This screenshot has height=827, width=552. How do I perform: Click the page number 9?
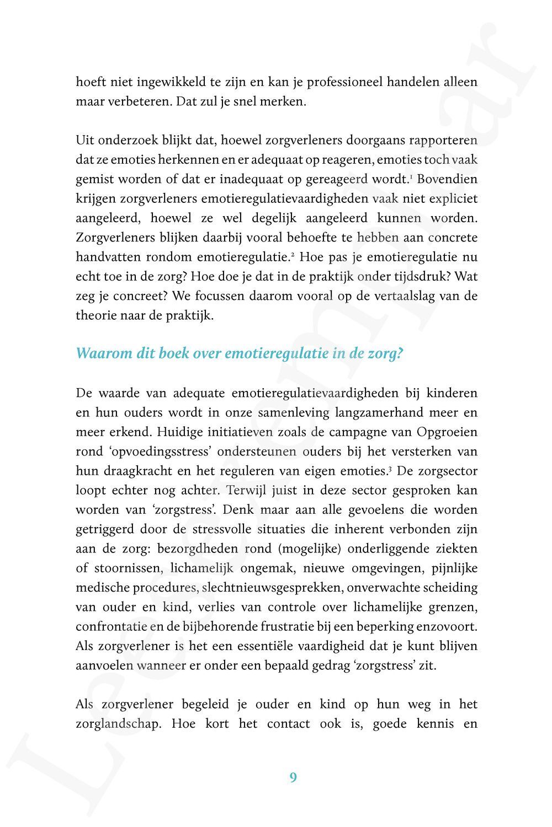pos(293,777)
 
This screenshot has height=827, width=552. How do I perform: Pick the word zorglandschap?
pos(118,723)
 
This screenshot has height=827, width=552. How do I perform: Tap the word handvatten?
pos(107,257)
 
